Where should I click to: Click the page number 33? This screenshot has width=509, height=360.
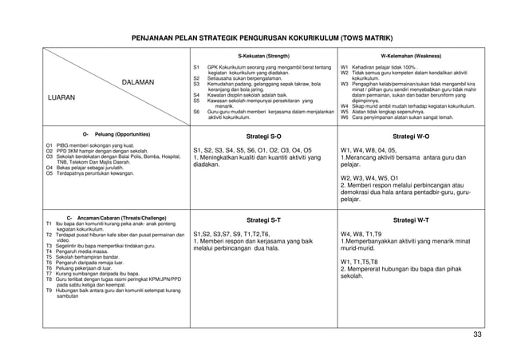coord(477,334)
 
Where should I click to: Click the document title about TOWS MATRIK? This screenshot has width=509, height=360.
coord(255,38)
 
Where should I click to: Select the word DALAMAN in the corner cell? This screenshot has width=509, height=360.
coord(140,81)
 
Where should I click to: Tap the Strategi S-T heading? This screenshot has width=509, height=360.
coord(263,218)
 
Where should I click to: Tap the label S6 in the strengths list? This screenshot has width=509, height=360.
coord(196,113)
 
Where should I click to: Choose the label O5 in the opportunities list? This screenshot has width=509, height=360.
coord(49,172)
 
